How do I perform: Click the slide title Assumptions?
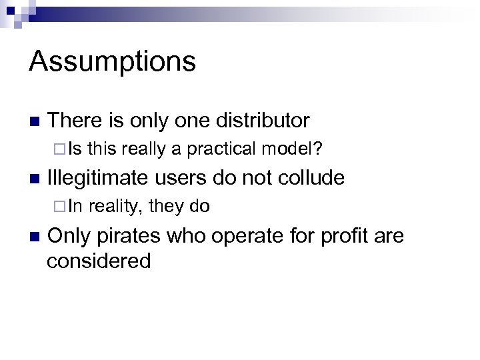pyautogui.click(x=112, y=61)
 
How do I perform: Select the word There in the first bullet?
pyautogui.click(x=75, y=121)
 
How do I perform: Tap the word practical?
pyautogui.click(x=223, y=150)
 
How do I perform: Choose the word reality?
pyautogui.click(x=114, y=207)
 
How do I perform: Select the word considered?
pyautogui.click(x=99, y=260)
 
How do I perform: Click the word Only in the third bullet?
pyautogui.click(x=69, y=235)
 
